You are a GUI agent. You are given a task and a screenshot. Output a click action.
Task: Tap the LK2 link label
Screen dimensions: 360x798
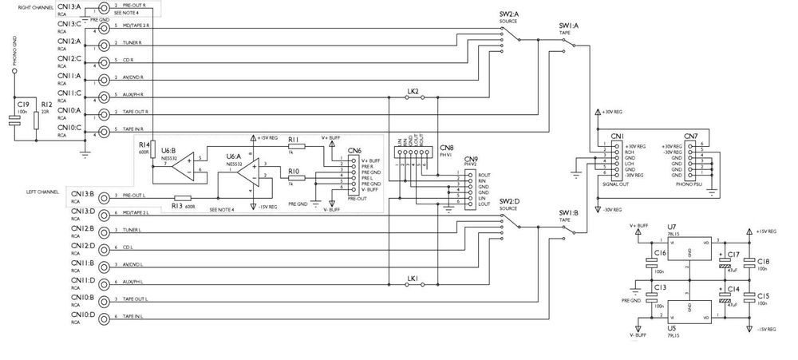(413, 92)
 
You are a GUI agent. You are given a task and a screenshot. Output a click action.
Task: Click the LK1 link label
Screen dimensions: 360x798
(413, 279)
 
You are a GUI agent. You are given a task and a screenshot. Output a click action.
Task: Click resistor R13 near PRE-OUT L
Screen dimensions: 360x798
(183, 198)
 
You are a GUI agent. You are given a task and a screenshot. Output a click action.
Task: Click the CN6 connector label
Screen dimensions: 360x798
(354, 150)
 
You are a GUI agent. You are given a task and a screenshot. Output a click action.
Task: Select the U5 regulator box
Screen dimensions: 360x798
(687, 311)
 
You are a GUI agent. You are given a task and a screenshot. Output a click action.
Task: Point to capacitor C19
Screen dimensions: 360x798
(14, 121)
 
